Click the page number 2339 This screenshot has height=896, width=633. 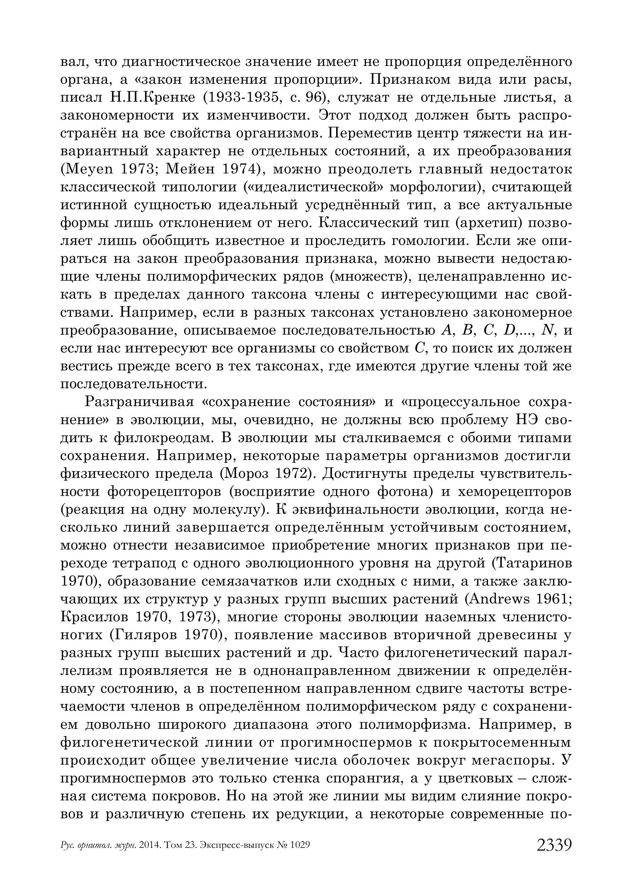[554, 844]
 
